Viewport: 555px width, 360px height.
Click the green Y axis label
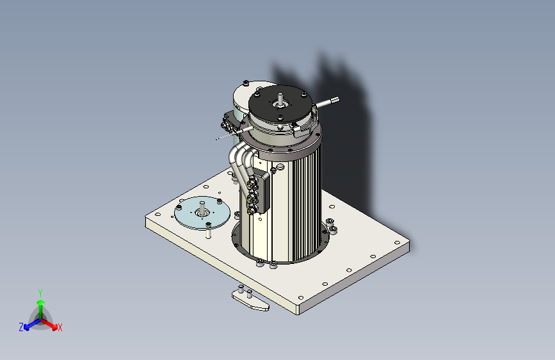pyautogui.click(x=40, y=291)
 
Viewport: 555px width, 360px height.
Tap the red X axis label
pyautogui.click(x=60, y=328)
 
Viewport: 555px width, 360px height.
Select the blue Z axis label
pyautogui.click(x=21, y=327)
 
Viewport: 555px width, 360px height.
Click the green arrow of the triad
pyautogui.click(x=40, y=304)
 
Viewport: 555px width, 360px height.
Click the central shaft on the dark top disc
pyautogui.click(x=280, y=99)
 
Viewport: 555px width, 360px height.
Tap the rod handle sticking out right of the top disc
pyautogui.click(x=329, y=101)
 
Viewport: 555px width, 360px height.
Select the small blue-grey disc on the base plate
pyautogui.click(x=202, y=212)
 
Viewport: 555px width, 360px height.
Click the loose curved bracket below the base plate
pyautogui.click(x=250, y=302)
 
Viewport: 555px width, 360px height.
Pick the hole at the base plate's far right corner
pyautogui.click(x=397, y=243)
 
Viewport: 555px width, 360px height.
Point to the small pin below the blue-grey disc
pyautogui.click(x=209, y=234)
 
